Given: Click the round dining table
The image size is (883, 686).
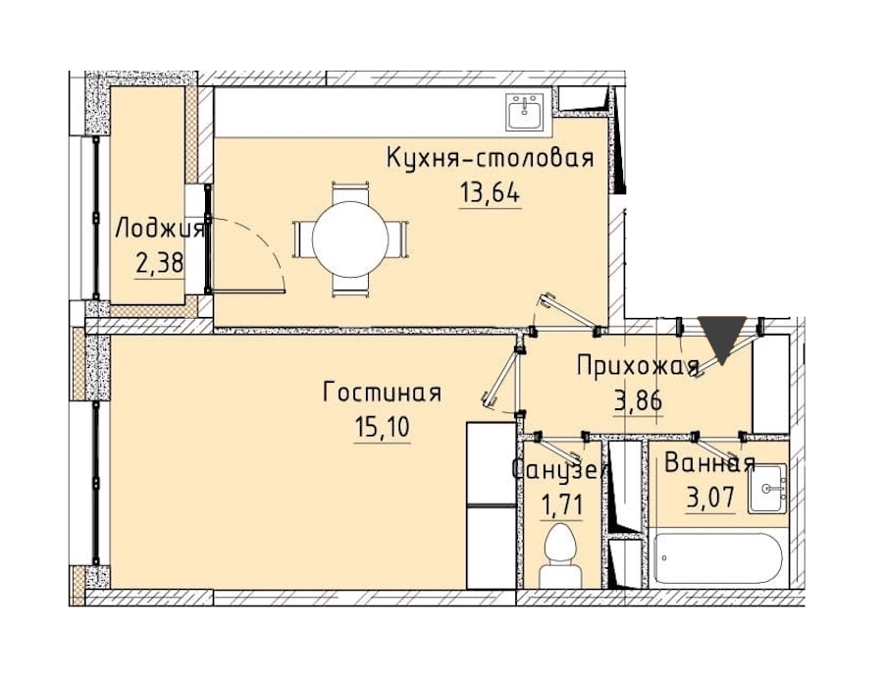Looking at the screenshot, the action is click(x=349, y=238).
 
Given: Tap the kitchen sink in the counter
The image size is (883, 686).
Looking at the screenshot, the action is click(x=524, y=112).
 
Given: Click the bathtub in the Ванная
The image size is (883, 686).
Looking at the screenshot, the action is click(x=718, y=558).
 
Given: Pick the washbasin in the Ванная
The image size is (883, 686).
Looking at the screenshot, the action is click(x=767, y=488).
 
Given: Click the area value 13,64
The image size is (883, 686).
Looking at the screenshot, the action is click(x=490, y=193).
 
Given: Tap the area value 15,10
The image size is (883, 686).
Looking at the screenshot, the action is click(x=383, y=428).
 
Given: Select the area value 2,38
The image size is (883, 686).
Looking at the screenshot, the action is click(x=160, y=262).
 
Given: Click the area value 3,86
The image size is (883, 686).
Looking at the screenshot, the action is click(x=638, y=401).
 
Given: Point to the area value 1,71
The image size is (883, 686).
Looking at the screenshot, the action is click(x=561, y=505).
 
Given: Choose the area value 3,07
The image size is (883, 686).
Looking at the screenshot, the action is click(x=710, y=498).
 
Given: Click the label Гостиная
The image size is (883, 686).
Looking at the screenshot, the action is click(x=382, y=392).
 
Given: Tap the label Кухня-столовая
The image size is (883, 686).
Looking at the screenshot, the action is click(x=490, y=158).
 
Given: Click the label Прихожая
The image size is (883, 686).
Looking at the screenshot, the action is click(x=638, y=366).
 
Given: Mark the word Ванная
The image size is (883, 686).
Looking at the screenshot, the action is click(x=709, y=463).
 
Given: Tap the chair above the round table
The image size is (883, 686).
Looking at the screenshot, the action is click(x=350, y=192).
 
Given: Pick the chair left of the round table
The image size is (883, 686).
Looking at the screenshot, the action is click(x=302, y=239).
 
